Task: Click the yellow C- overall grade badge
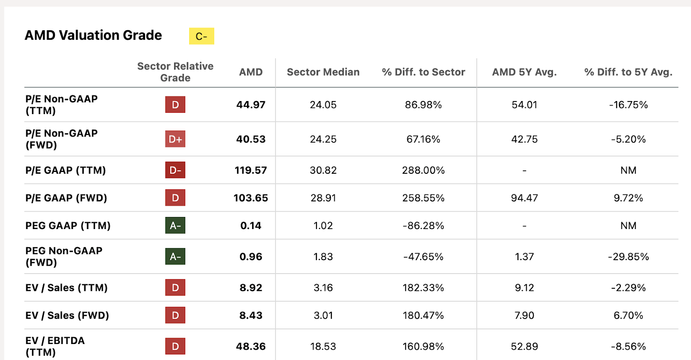[201, 36]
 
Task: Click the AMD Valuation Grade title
[93, 35]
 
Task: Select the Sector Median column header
[323, 72]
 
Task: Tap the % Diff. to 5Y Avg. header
[628, 72]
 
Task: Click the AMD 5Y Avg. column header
[524, 72]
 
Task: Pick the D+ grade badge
[175, 139]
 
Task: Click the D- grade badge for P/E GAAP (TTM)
[175, 170]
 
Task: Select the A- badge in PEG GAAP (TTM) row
[175, 226]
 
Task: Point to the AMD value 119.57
[250, 170]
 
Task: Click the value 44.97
[250, 105]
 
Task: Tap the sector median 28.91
[323, 198]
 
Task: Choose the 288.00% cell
[423, 170]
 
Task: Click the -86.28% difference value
[423, 226]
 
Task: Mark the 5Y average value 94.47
[524, 198]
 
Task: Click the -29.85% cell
[628, 257]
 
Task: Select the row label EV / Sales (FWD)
[67, 315]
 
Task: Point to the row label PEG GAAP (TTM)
[68, 226]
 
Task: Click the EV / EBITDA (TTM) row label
[55, 346]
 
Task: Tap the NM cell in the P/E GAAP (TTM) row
[628, 170]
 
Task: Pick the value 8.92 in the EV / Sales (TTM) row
[250, 288]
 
